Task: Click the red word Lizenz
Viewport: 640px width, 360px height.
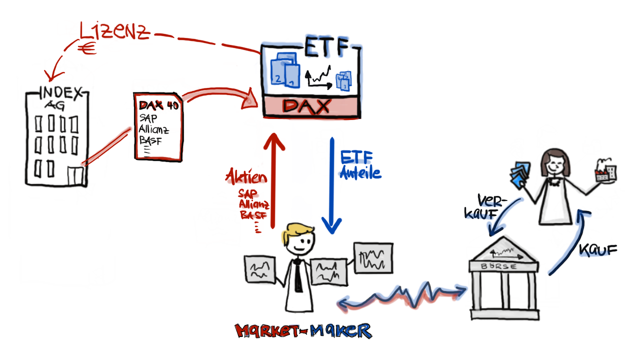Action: [114, 31]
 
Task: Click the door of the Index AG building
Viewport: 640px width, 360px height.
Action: [76, 176]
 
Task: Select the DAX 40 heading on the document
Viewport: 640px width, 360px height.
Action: [158, 106]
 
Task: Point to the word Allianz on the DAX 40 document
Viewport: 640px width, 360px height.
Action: [153, 130]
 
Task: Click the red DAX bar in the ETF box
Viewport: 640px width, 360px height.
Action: [311, 106]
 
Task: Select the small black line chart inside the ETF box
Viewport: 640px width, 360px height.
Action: [318, 77]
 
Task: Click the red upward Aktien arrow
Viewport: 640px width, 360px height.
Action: [274, 180]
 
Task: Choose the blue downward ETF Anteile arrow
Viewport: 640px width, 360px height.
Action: [331, 185]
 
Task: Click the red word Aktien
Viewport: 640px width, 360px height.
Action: [246, 177]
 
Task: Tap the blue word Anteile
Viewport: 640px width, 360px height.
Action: [360, 173]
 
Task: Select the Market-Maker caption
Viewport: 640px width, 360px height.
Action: [303, 330]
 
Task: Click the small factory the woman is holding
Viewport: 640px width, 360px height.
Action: [604, 172]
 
